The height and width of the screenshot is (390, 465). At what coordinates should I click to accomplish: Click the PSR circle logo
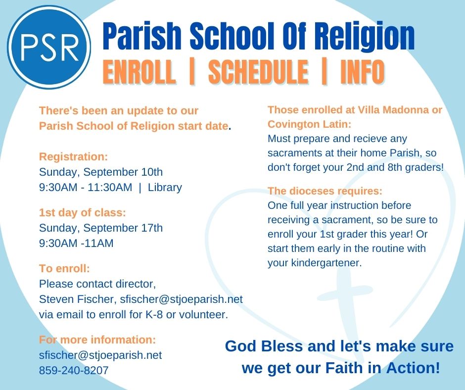(x=49, y=47)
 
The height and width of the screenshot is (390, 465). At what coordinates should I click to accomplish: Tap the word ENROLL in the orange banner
(x=139, y=72)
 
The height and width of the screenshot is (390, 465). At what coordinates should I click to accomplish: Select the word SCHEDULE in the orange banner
(x=259, y=72)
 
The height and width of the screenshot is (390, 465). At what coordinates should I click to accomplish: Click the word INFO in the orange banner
(x=363, y=72)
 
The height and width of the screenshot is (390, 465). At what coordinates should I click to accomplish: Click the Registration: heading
(x=74, y=156)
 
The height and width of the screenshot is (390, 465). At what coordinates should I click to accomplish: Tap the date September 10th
(x=123, y=172)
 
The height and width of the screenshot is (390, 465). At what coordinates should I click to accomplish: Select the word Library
(x=165, y=187)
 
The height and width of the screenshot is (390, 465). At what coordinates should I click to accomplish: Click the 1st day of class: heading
(x=83, y=212)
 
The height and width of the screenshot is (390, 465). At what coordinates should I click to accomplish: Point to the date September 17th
(x=123, y=228)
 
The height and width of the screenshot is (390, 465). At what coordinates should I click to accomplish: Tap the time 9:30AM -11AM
(x=76, y=243)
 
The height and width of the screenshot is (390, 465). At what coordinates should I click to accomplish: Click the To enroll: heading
(x=64, y=268)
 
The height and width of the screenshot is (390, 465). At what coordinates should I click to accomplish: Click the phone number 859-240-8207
(x=74, y=370)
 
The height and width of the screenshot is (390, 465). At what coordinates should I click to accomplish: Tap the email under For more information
(x=100, y=355)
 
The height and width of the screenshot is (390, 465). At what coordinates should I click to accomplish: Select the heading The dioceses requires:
(x=325, y=191)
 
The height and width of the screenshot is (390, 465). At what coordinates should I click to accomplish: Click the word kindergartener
(x=326, y=263)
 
